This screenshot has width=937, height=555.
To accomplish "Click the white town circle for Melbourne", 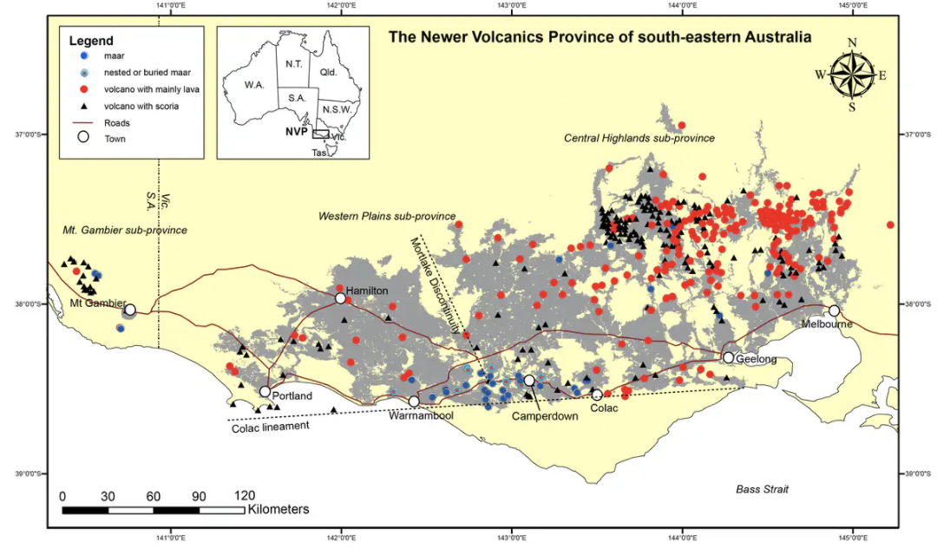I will click(834, 310).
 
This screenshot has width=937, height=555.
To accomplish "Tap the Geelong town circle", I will click(729, 357).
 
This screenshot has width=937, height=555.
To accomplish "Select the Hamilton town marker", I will click(341, 298).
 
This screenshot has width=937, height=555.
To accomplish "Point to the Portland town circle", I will click(265, 391).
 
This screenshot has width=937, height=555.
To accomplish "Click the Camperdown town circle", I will click(529, 380).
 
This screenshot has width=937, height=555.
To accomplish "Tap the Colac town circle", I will click(597, 395).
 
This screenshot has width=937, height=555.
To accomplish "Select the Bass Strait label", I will click(763, 490).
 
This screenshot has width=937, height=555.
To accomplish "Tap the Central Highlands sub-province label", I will click(639, 139).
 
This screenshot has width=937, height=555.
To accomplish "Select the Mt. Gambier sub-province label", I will click(125, 231).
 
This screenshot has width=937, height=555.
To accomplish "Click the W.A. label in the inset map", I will click(253, 86).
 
